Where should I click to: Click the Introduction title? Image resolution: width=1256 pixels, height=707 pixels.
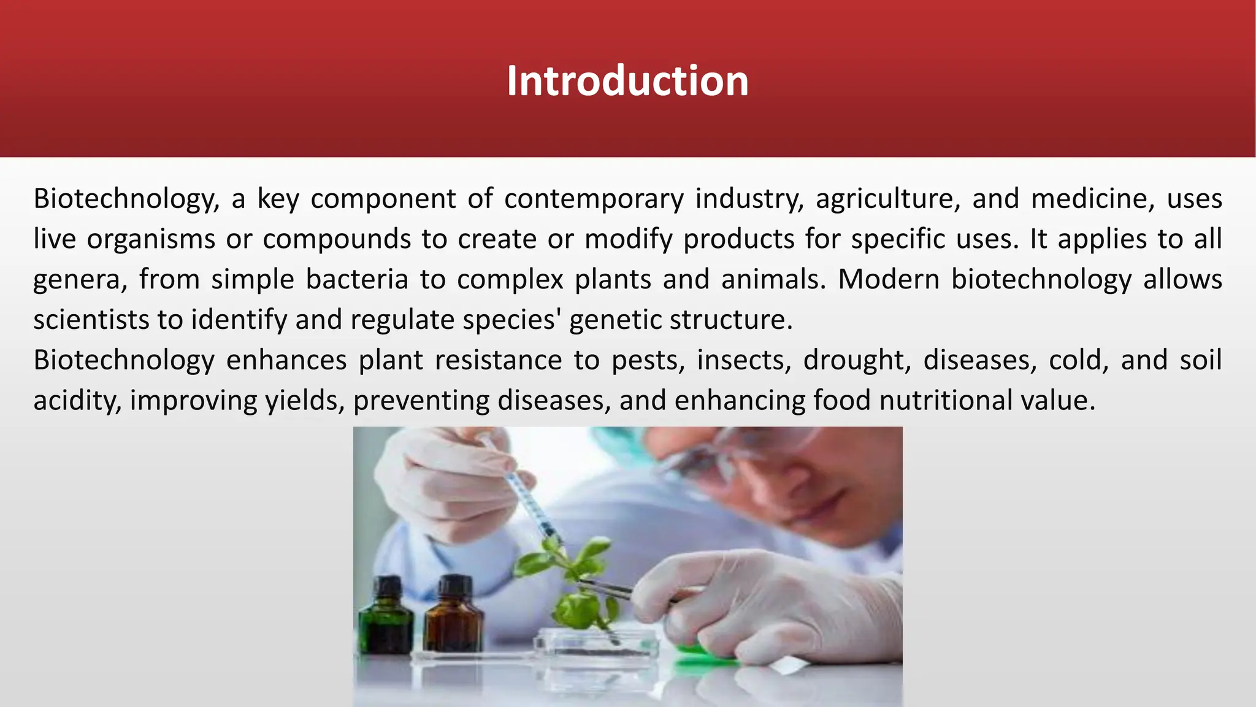[627, 81]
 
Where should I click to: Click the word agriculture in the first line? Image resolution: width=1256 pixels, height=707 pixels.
[887, 199]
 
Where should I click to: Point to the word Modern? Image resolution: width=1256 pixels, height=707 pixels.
[889, 279]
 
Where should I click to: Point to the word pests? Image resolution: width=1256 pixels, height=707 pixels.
[648, 360]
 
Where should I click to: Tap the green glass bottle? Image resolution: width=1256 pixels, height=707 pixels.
[386, 617]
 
